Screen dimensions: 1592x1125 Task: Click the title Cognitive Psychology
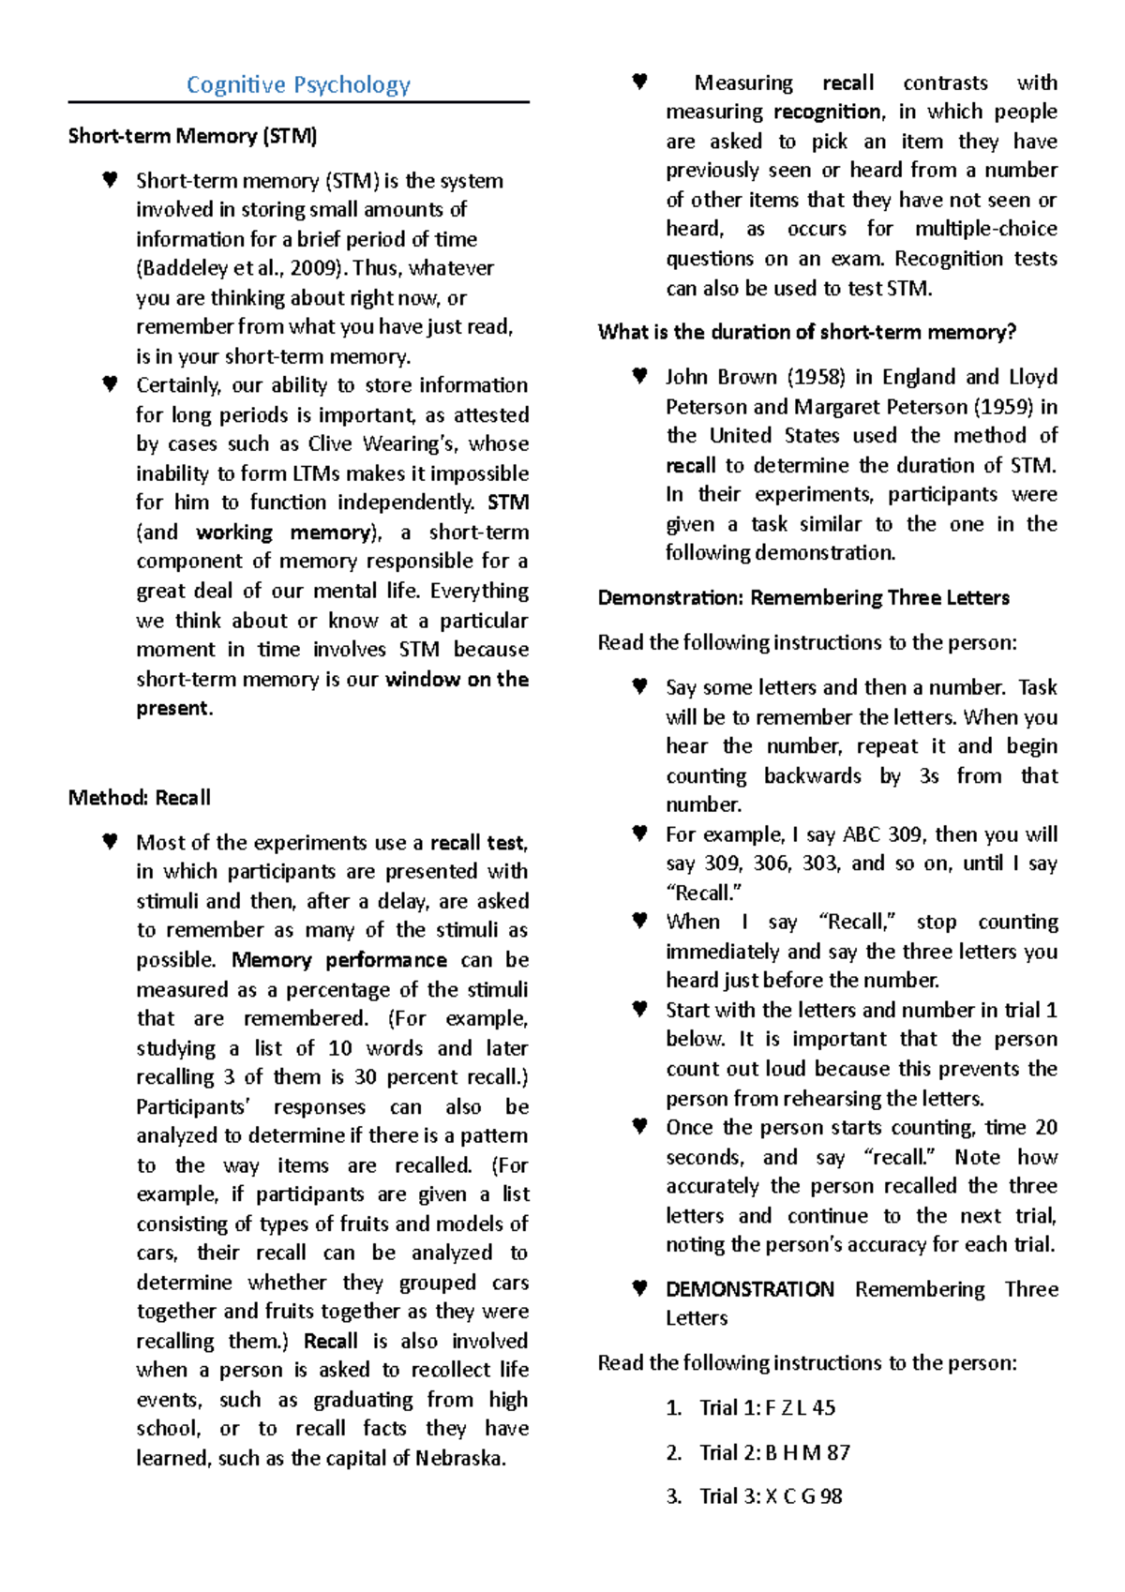pos(298,84)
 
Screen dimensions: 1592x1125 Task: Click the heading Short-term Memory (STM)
pos(192,136)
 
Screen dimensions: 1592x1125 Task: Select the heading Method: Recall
pos(139,798)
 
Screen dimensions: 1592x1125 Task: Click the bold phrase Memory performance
pos(338,960)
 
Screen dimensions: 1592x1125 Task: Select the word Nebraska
pos(459,1458)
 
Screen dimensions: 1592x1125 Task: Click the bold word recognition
pos(828,113)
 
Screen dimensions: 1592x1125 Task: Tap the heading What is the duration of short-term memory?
pos(806,332)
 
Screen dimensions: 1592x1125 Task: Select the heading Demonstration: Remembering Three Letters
pos(803,598)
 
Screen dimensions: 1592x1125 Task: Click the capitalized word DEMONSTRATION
pos(750,1289)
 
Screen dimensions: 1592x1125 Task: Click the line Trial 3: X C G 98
pos(771,1496)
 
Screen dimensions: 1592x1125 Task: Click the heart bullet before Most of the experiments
pos(110,842)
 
